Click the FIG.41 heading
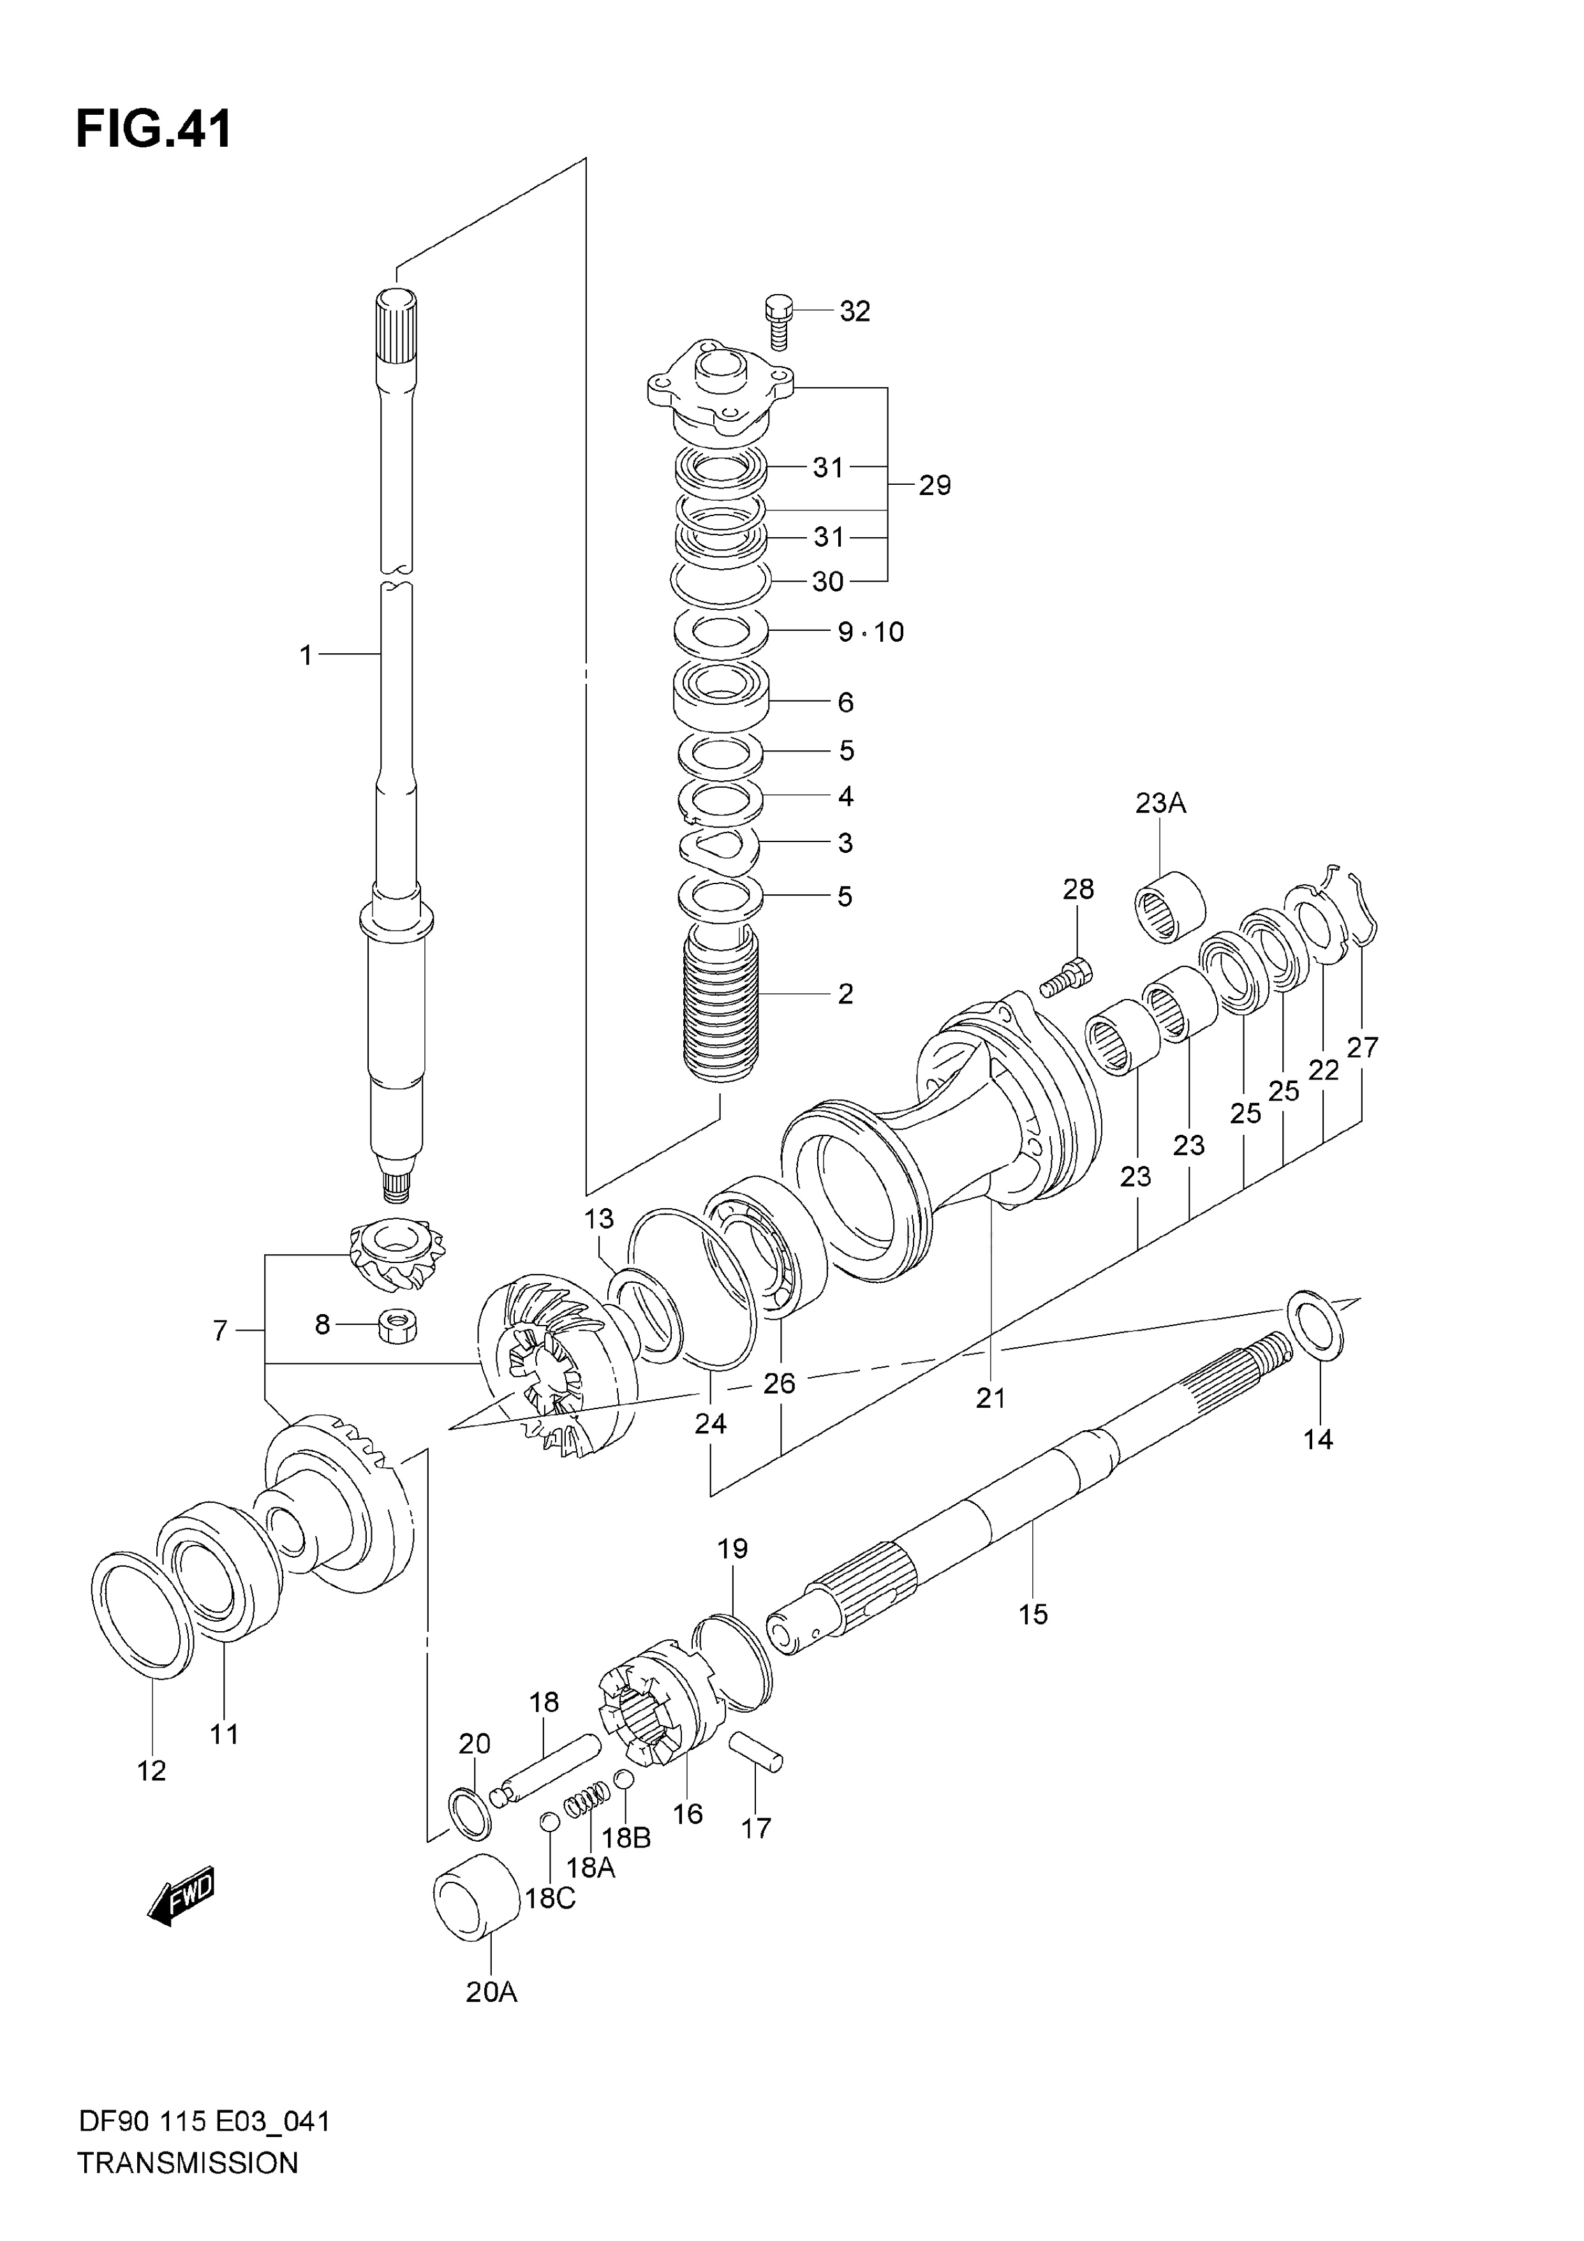tap(154, 129)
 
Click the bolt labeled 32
tap(777, 320)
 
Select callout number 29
tap(934, 485)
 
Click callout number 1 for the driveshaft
tap(306, 655)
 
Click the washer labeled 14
tap(1317, 1326)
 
